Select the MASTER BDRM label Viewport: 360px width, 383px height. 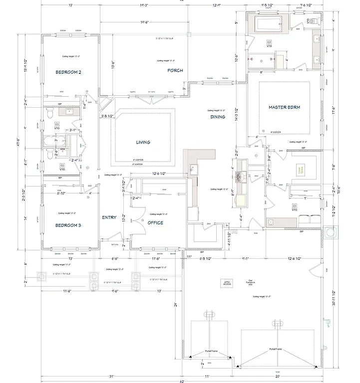[284, 107]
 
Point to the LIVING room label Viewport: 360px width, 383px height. [143, 142]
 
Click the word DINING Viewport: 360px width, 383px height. [218, 117]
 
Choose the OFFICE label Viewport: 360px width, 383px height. [155, 223]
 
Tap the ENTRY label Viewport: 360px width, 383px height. [109, 217]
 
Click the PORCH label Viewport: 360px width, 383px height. [175, 71]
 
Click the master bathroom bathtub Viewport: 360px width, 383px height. [270, 23]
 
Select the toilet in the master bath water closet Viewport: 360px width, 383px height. [309, 21]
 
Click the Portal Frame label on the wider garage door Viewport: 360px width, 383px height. [276, 349]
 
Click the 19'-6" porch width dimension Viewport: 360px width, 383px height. [145, 22]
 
